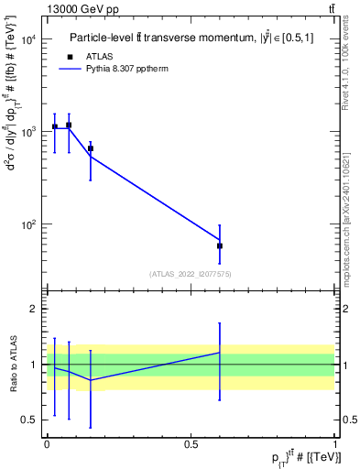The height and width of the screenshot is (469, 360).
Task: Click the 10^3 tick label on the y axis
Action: click(x=29, y=132)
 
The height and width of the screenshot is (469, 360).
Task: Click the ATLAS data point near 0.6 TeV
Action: click(x=220, y=245)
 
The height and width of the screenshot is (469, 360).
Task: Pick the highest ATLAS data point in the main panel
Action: click(x=69, y=125)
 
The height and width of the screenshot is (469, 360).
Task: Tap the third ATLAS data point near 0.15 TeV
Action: click(x=91, y=148)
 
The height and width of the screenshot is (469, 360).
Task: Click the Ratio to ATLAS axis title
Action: click(x=12, y=364)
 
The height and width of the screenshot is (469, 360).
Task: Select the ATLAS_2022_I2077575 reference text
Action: click(x=191, y=273)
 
